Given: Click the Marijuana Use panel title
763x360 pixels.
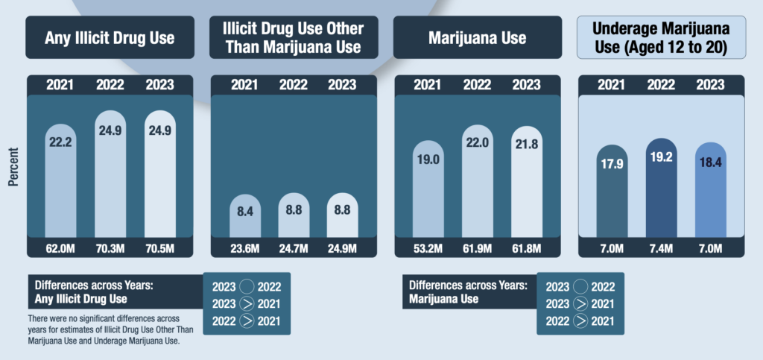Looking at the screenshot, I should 476,37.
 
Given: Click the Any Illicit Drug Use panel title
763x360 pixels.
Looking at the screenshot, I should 110,37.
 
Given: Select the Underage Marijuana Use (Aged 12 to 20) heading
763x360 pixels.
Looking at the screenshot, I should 659,37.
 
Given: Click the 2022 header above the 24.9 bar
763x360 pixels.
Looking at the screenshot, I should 110,85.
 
